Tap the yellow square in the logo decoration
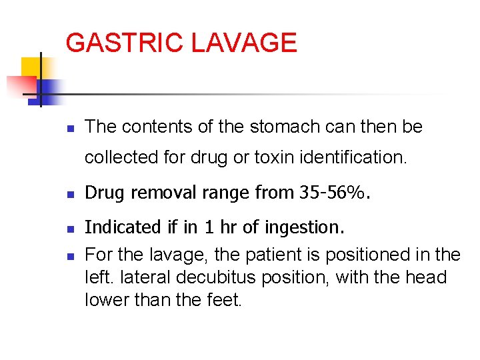pos(31,67)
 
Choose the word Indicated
pos(123,227)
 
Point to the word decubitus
pos(235,277)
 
